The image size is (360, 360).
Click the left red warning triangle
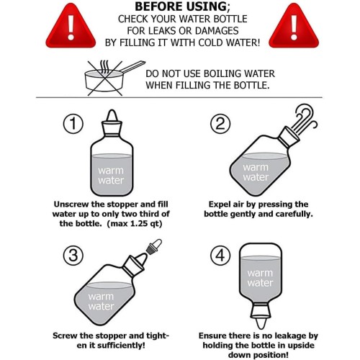[71, 27]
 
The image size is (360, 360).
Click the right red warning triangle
[294, 27]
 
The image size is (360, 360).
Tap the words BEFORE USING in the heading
[181, 6]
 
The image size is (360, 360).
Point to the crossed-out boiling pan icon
[113, 78]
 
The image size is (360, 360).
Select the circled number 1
[73, 124]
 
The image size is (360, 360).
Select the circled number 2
[220, 124]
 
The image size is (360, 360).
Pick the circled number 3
[73, 255]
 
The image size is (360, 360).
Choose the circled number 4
[220, 255]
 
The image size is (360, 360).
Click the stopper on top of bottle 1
[112, 122]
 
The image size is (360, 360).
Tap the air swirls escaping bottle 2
[305, 119]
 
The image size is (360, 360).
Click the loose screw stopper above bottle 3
[154, 246]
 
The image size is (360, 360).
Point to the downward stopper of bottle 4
[261, 315]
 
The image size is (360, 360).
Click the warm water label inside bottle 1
[111, 176]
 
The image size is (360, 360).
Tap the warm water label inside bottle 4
[260, 278]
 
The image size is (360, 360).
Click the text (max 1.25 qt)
[135, 224]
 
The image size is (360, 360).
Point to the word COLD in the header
[210, 42]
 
